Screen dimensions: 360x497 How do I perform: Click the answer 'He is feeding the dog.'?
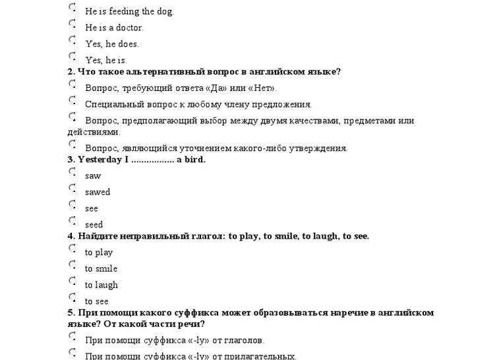(129, 11)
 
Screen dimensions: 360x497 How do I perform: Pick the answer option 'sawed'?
(98, 193)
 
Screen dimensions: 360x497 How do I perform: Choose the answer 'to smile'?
(101, 269)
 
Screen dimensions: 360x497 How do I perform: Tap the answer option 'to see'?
(97, 301)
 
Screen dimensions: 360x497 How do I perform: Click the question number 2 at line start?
(71, 72)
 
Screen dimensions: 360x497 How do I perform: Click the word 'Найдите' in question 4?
(98, 236)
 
